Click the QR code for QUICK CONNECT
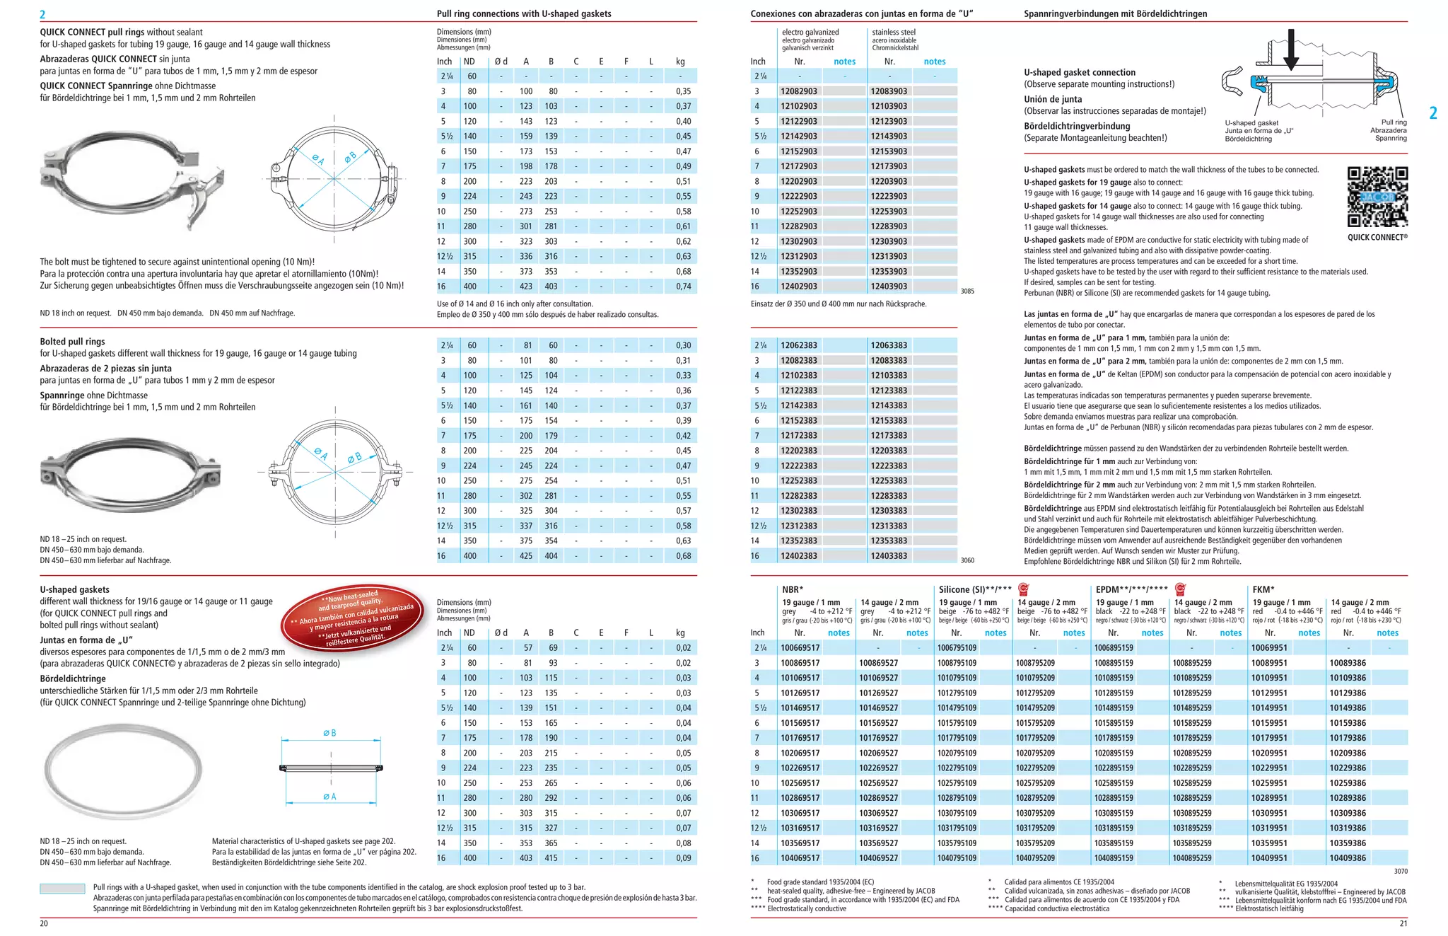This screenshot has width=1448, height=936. coord(1377,197)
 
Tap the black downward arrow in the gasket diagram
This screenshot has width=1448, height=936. coord(1290,50)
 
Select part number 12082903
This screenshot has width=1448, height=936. coord(799,91)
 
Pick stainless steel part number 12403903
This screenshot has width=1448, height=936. coord(889,287)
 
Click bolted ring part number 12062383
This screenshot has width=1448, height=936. coord(799,345)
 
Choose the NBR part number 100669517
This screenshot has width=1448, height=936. coord(800,648)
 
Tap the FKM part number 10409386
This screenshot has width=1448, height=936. coord(1348,858)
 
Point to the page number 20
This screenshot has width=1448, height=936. coord(44,923)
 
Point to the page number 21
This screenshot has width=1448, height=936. coord(1403,923)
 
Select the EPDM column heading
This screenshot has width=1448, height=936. coord(1131,589)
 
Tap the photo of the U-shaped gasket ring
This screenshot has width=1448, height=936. coord(123,770)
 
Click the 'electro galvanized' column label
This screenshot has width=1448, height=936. coord(810,32)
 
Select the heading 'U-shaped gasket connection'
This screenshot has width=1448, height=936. coord(1080,72)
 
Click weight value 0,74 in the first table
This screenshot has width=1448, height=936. coord(683,287)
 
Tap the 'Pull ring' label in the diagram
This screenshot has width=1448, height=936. coord(1394,122)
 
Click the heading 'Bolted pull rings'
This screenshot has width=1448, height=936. coord(72,341)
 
